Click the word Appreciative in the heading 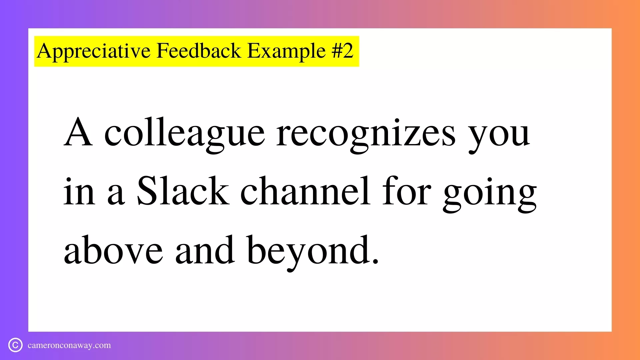coord(94,51)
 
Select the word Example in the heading coord(286,51)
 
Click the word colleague coord(185,134)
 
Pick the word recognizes coord(366,134)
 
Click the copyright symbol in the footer coord(15,345)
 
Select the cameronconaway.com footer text coord(69,345)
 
